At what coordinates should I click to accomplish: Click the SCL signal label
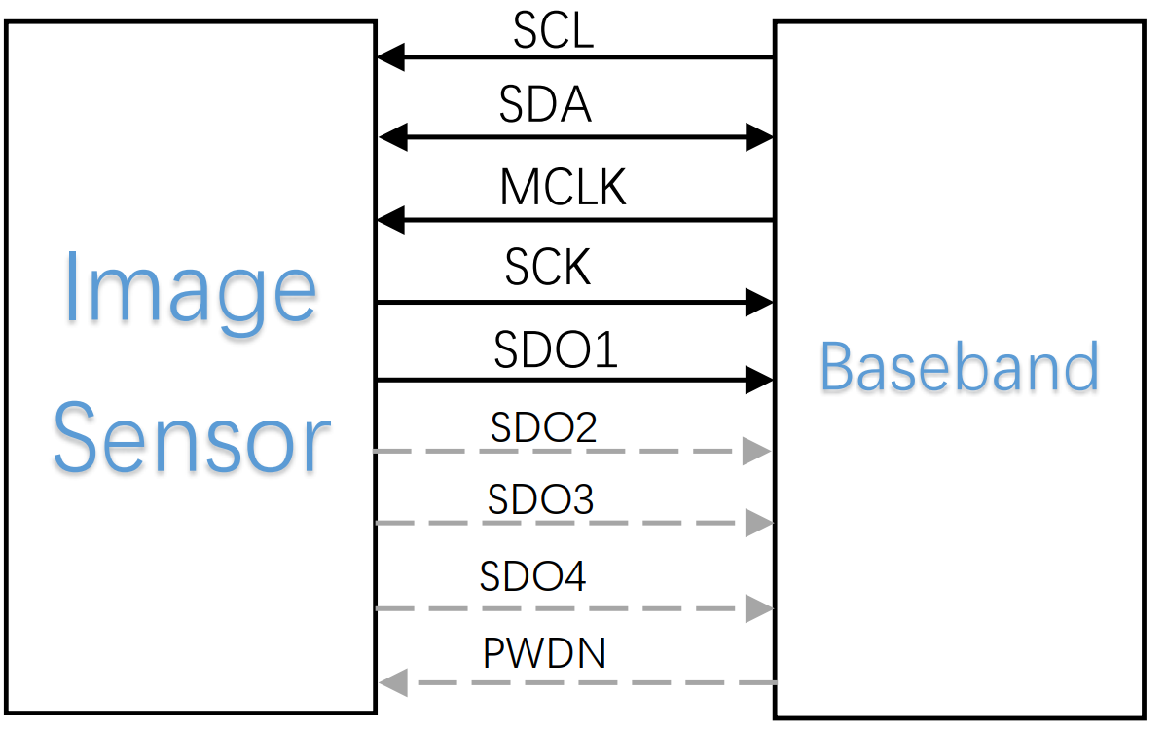click(553, 31)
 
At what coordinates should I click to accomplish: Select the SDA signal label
click(545, 104)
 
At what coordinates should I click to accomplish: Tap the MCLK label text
click(563, 187)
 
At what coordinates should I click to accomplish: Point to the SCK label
click(548, 267)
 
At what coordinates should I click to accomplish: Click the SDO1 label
click(556, 350)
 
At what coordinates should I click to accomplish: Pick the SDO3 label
click(540, 499)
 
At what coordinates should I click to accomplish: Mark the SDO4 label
click(532, 576)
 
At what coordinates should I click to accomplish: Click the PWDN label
click(544, 653)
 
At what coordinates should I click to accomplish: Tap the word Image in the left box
click(191, 289)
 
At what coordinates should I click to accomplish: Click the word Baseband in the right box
click(959, 367)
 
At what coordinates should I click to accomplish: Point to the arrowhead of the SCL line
click(390, 57)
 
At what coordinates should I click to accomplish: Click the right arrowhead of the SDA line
click(759, 137)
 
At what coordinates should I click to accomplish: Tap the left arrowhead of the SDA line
click(391, 137)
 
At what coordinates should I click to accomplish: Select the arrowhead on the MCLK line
click(390, 220)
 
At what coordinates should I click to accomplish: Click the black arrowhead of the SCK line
click(759, 302)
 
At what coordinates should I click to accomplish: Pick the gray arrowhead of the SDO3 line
click(758, 523)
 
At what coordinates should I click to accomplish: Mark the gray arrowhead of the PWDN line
click(392, 682)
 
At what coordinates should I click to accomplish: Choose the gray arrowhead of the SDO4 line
click(758, 609)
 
